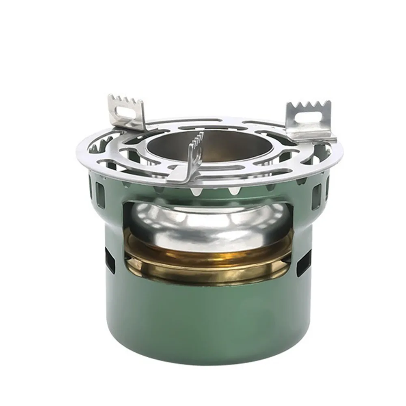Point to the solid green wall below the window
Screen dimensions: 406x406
(207, 321)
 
